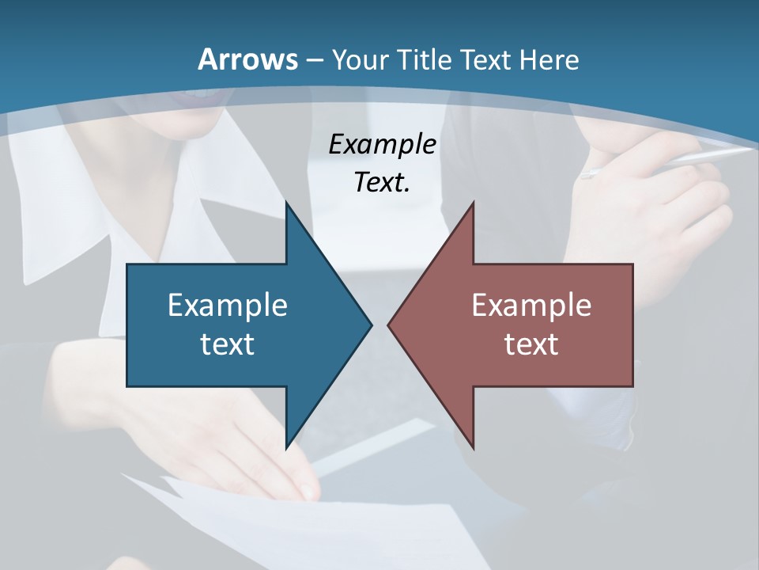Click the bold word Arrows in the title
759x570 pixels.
coord(248,59)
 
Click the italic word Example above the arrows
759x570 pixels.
coord(382,145)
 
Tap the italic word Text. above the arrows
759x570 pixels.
coord(382,183)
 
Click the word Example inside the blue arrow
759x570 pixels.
coord(228,306)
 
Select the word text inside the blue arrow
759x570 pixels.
coord(228,344)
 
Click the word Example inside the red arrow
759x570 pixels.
coord(531,306)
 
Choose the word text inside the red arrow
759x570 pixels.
coord(531,344)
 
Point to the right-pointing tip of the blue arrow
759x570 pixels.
coord(372,325)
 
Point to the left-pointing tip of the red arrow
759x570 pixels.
coord(388,325)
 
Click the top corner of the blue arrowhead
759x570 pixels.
coord(286,203)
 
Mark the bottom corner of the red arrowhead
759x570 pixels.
coord(473,448)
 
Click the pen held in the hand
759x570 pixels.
coord(672,161)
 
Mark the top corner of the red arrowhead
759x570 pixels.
coord(473,203)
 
